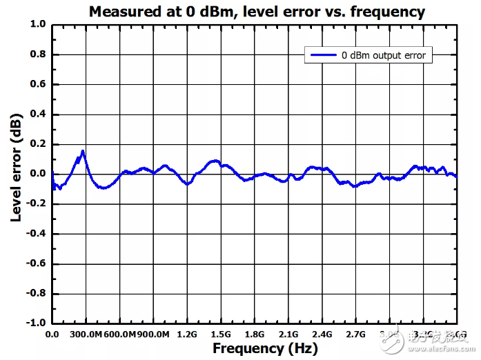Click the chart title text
click(257, 12)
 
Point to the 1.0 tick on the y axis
click(38, 24)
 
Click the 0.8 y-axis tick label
click(38, 54)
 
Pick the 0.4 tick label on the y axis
click(38, 114)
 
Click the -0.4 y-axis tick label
click(37, 233)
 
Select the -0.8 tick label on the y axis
click(37, 293)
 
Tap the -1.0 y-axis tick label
click(37, 323)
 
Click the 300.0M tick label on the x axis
click(86, 334)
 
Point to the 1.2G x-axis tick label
click(187, 334)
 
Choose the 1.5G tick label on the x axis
click(221, 334)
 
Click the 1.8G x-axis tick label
click(255, 334)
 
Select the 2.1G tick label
click(288, 334)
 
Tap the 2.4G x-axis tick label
click(322, 334)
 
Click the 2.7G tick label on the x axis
click(356, 334)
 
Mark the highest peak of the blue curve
click(83, 151)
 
